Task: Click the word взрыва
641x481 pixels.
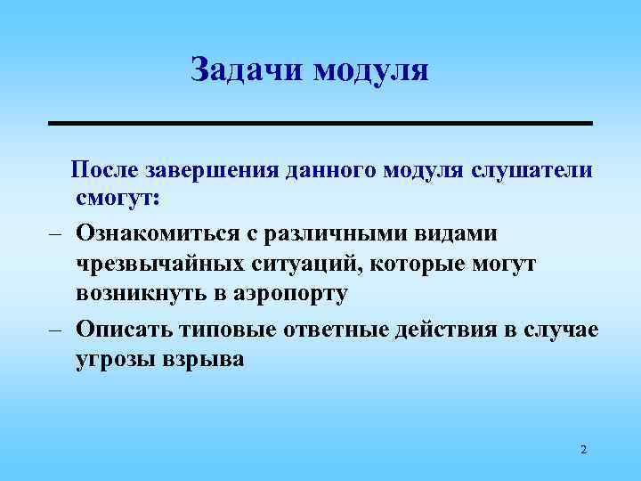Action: [x=203, y=361]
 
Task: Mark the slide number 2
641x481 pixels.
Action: [x=583, y=450]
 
